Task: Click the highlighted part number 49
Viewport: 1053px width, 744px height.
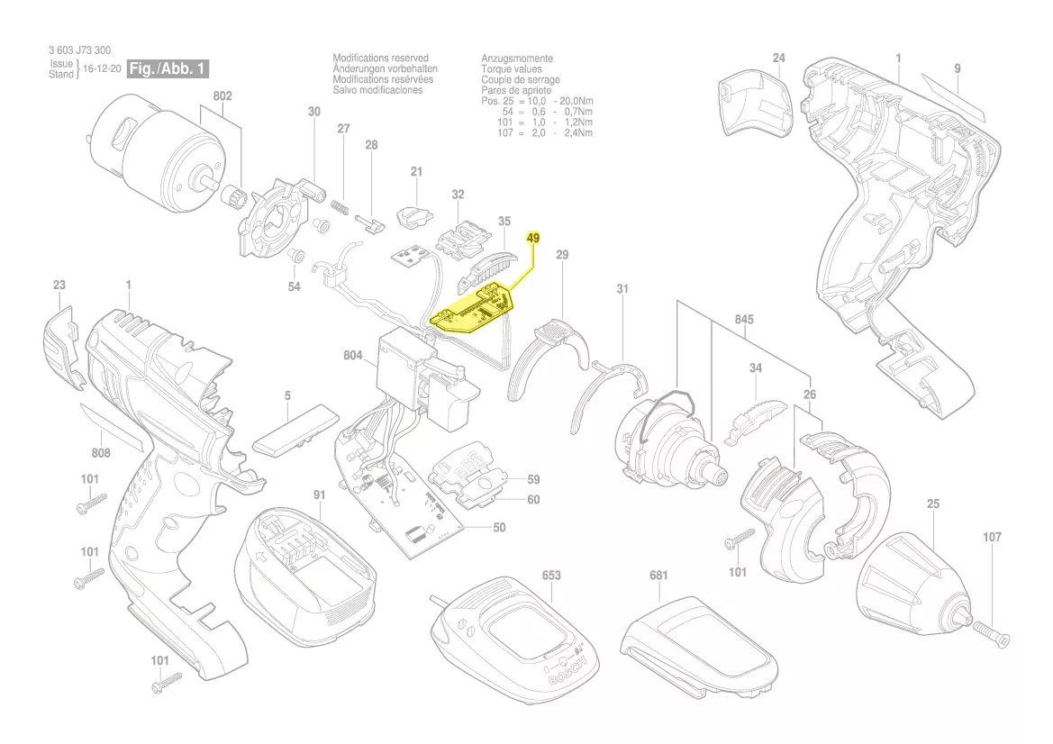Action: click(533, 238)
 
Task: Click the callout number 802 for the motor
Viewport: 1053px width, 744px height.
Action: click(222, 96)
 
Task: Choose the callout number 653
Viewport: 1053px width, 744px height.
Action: click(551, 575)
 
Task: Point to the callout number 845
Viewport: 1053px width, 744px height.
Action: click(744, 320)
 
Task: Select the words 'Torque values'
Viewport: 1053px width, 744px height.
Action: click(511, 68)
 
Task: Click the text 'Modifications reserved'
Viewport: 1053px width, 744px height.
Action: click(380, 58)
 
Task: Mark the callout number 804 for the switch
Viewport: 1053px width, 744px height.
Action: click(352, 356)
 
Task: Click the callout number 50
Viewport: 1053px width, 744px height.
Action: click(498, 527)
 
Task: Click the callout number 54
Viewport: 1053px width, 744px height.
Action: click(295, 286)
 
